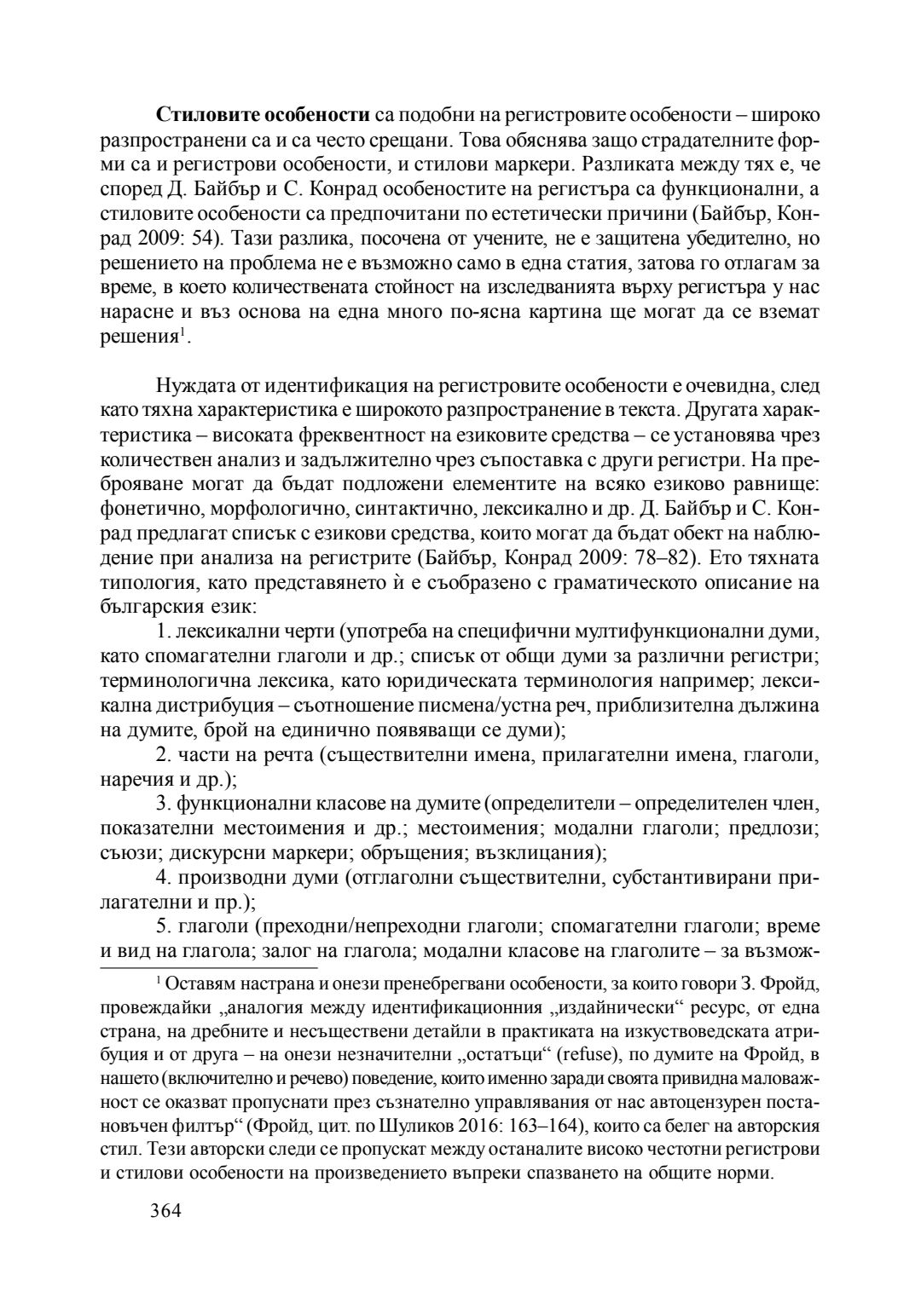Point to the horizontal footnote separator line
click(209, 968)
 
